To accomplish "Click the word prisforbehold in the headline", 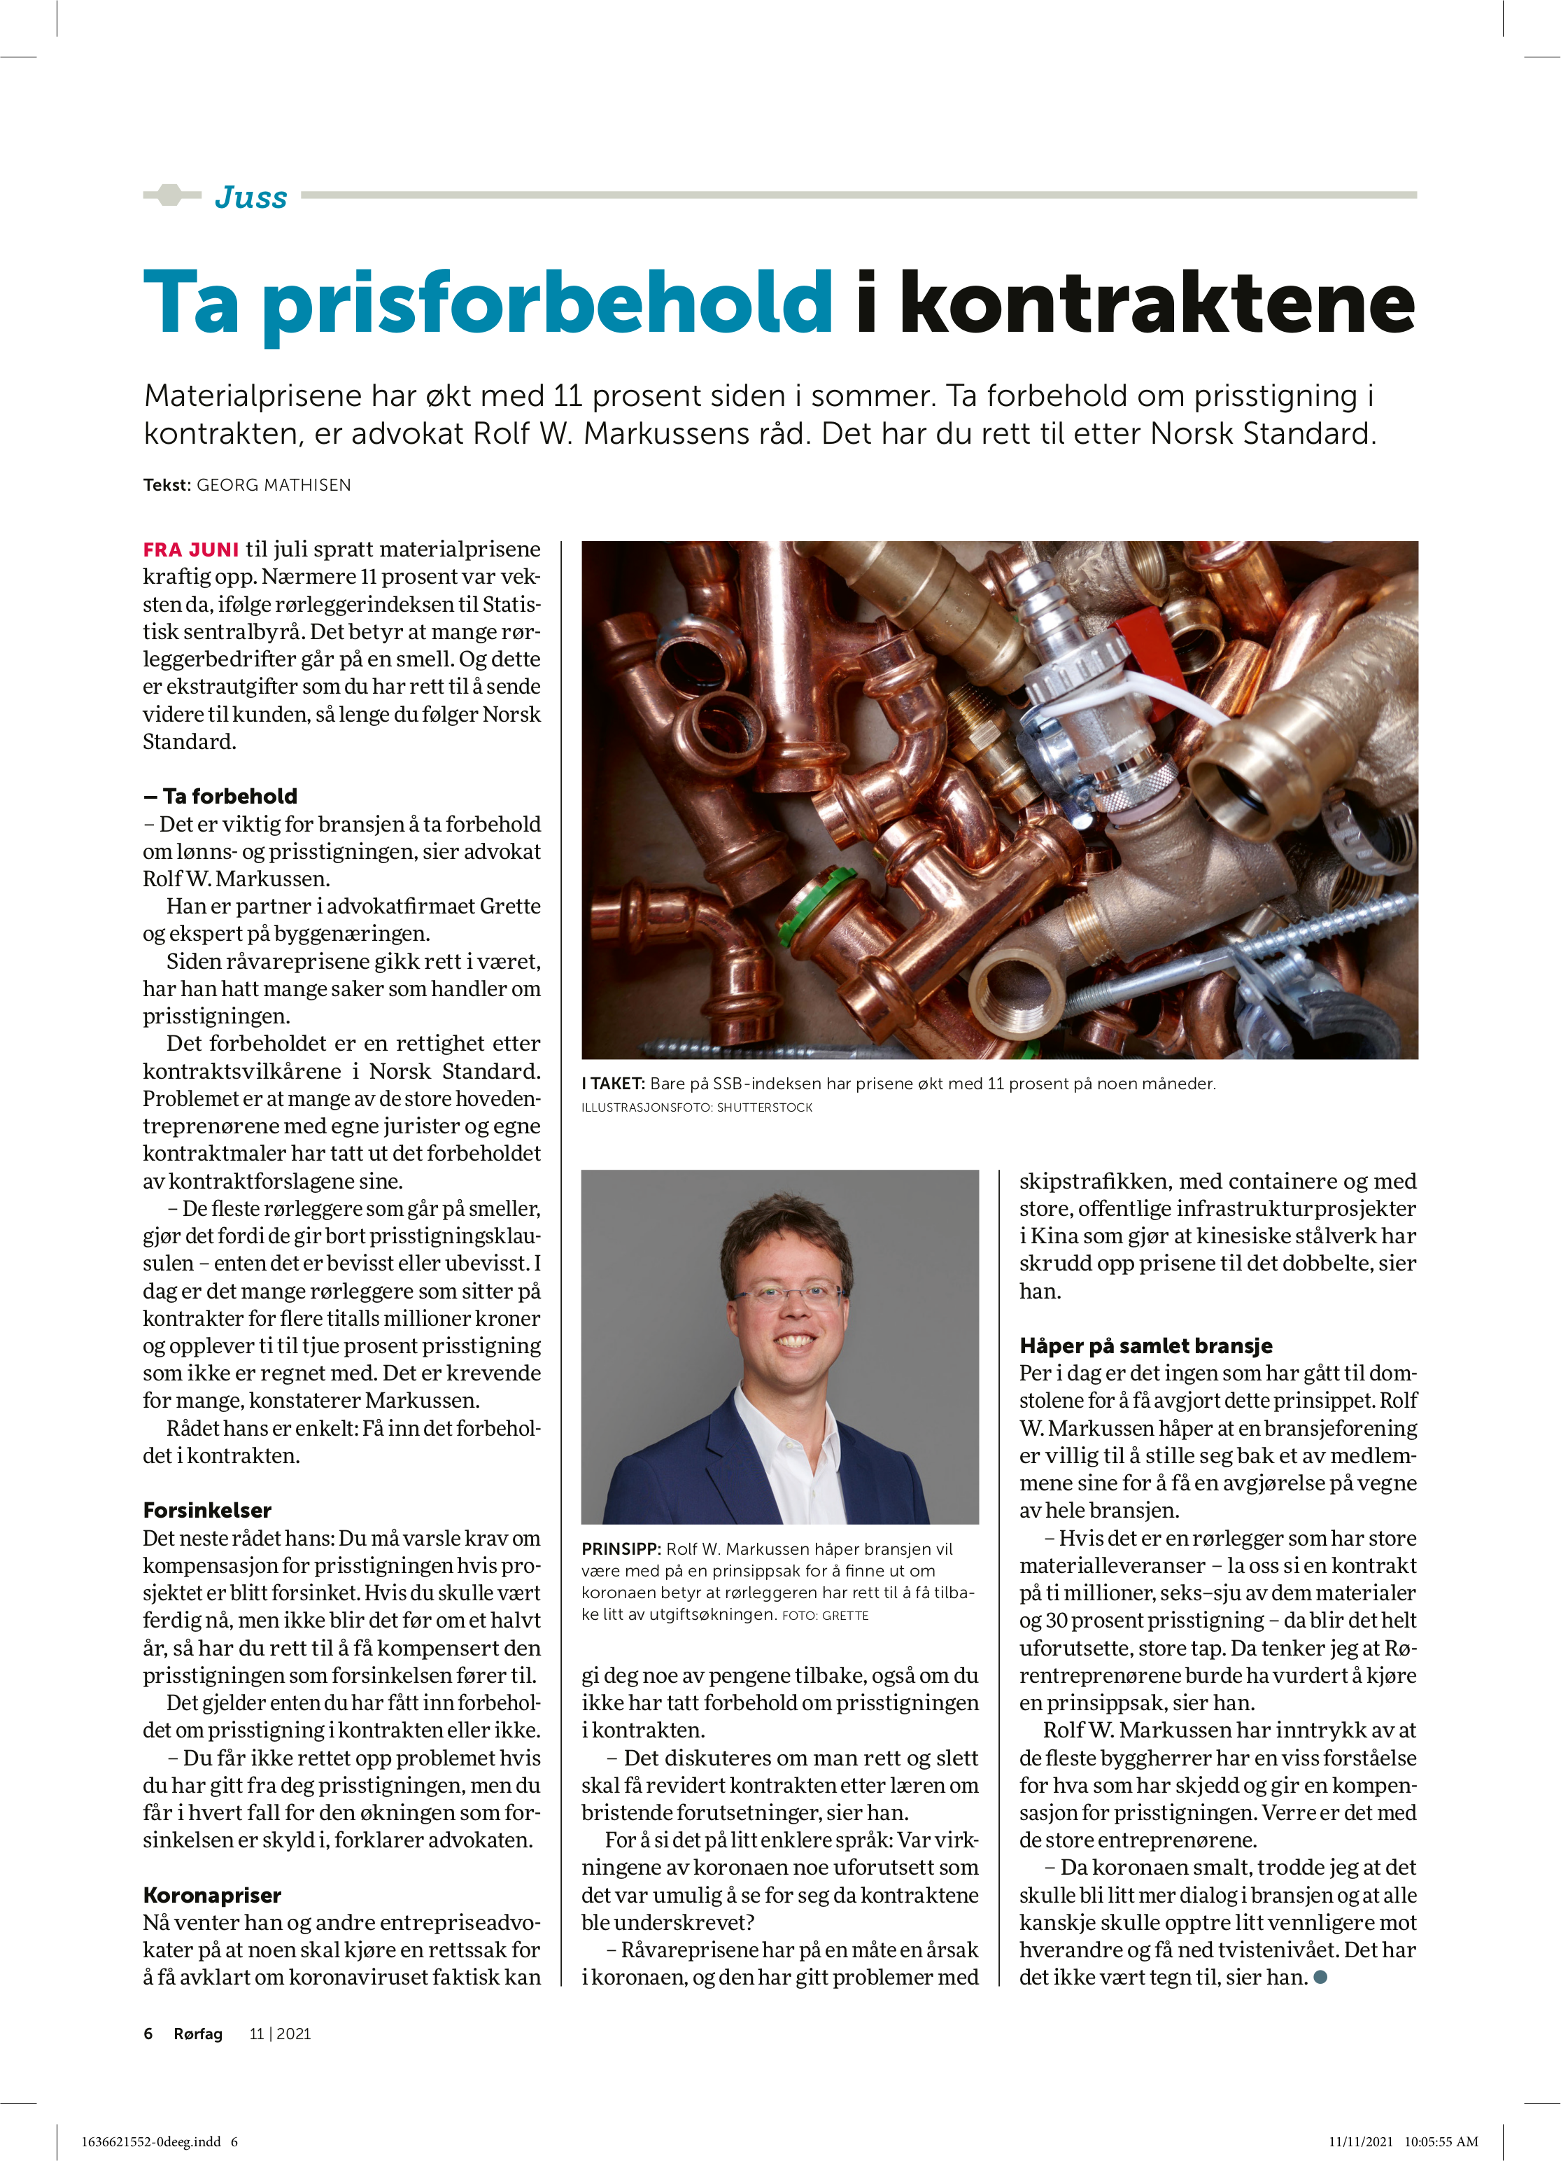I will pos(546,303).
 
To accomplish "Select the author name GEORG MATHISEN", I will pos(274,485).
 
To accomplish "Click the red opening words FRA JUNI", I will pos(190,550).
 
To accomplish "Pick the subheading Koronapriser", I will pos(211,1894).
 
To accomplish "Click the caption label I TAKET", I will pos(614,1084).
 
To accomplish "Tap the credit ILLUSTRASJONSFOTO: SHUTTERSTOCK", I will pos(696,1107).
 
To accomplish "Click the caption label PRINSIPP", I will pos(621,1549).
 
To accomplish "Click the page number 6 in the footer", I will pos(148,2034).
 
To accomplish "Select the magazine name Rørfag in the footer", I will pos(198,2034).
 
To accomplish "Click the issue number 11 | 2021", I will pos(280,2034).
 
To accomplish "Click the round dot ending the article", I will pos(1320,1977).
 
